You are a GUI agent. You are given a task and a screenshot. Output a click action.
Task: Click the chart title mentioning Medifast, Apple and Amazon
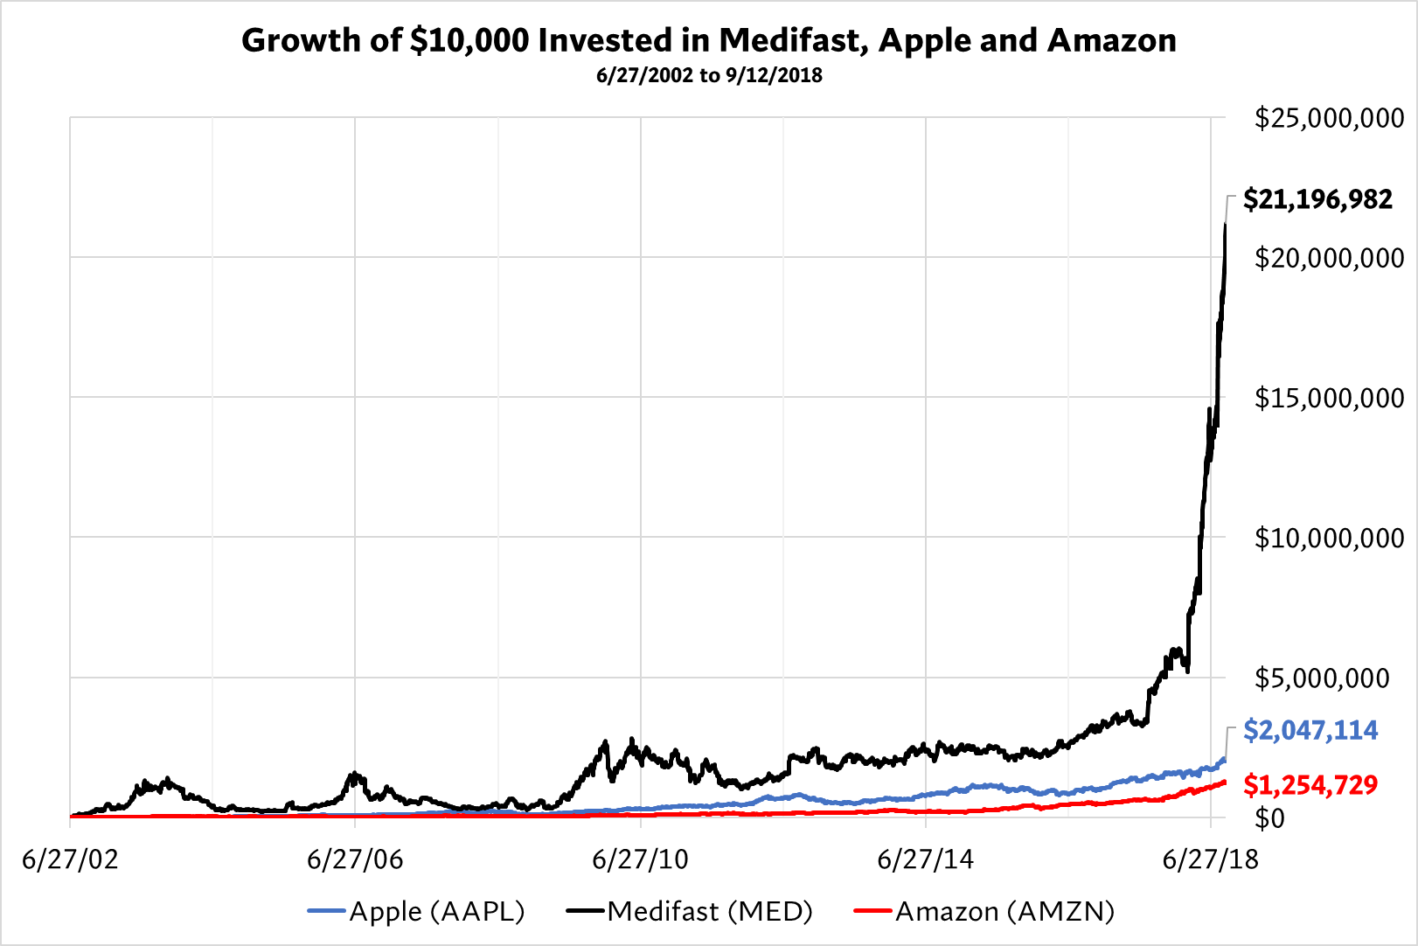coord(709,40)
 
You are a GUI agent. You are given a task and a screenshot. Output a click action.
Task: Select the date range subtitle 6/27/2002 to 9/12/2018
coord(709,75)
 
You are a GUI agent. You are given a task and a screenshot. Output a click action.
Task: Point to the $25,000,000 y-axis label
coord(1329,118)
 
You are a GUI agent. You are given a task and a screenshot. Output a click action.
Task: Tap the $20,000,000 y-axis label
coord(1329,258)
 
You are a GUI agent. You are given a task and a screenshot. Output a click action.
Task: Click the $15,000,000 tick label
coord(1329,398)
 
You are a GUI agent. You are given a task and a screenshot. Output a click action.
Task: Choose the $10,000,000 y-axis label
coord(1329,538)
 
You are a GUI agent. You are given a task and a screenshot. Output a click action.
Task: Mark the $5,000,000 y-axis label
coord(1321,678)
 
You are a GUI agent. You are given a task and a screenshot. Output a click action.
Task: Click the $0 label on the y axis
coord(1269,818)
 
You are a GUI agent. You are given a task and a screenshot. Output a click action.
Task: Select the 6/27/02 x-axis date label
coord(70,859)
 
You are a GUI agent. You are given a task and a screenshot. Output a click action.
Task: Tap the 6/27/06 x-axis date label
coord(355,859)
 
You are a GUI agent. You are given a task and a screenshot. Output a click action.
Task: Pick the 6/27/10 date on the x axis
coord(640,859)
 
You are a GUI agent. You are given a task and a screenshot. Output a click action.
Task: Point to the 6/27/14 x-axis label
coord(925,859)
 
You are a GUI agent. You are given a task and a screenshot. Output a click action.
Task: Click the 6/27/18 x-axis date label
coord(1210,859)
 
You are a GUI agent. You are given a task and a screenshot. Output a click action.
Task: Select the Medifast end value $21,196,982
coord(1317,199)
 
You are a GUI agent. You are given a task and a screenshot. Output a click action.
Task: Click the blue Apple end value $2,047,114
coord(1310,730)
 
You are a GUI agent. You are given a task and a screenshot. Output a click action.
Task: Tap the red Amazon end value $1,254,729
coord(1310,785)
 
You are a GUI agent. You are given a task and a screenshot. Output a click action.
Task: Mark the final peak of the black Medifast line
coord(1225,225)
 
